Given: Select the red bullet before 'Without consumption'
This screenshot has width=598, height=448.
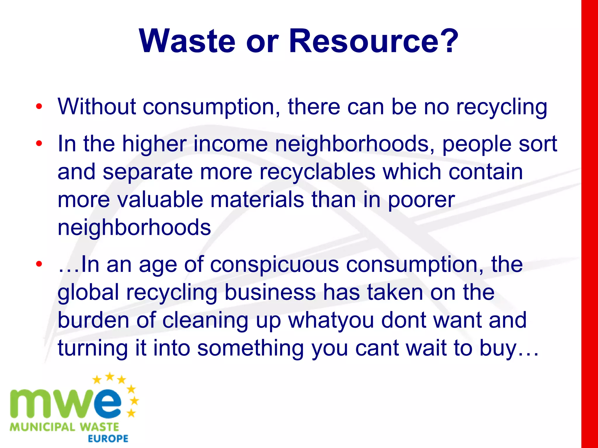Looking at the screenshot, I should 39,107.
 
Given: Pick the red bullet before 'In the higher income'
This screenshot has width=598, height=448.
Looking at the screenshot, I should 39,143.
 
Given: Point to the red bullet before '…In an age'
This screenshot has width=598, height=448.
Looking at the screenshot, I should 39,264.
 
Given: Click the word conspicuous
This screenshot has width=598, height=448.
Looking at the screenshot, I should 274,265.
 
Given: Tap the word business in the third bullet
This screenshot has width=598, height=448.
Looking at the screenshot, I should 270,292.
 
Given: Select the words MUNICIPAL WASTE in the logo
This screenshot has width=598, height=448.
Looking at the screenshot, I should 64,427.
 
